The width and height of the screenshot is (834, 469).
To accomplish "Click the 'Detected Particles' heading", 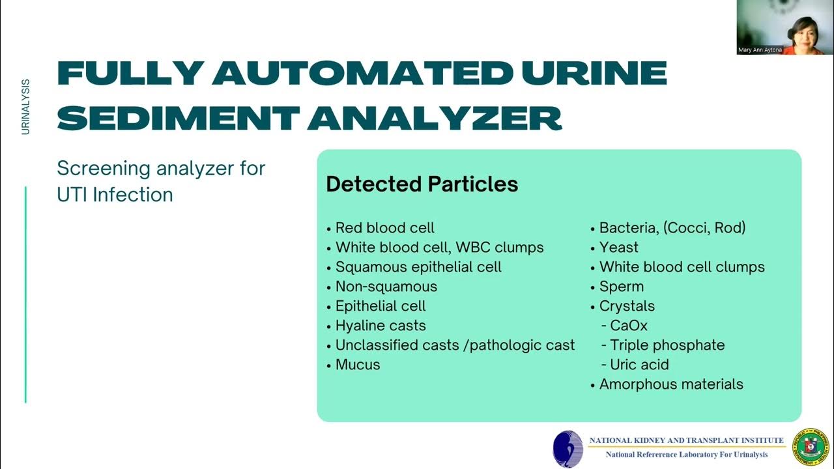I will (422, 184).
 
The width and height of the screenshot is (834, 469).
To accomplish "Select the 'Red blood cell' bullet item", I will (384, 228).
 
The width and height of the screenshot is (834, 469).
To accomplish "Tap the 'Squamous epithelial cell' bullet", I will (418, 267).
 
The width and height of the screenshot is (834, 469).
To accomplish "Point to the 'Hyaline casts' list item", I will (380, 326).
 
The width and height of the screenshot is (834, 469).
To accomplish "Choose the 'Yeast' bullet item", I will (618, 248).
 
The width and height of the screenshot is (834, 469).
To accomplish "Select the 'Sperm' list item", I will (621, 287).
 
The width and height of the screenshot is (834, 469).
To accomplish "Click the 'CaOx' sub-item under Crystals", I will (628, 326).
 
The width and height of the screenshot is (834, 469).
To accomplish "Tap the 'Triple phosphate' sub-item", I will (667, 345).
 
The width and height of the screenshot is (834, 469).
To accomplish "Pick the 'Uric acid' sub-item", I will (639, 365).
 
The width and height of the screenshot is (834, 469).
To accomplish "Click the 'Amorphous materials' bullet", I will (670, 384).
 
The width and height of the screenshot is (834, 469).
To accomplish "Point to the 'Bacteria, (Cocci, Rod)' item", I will (672, 228).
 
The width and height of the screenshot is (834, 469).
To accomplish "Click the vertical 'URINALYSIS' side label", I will (25, 107).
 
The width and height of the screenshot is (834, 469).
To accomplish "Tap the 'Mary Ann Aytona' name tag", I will (760, 50).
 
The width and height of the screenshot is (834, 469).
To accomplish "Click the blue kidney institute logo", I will (568, 449).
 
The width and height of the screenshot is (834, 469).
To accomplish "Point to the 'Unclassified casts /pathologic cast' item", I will (455, 345).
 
